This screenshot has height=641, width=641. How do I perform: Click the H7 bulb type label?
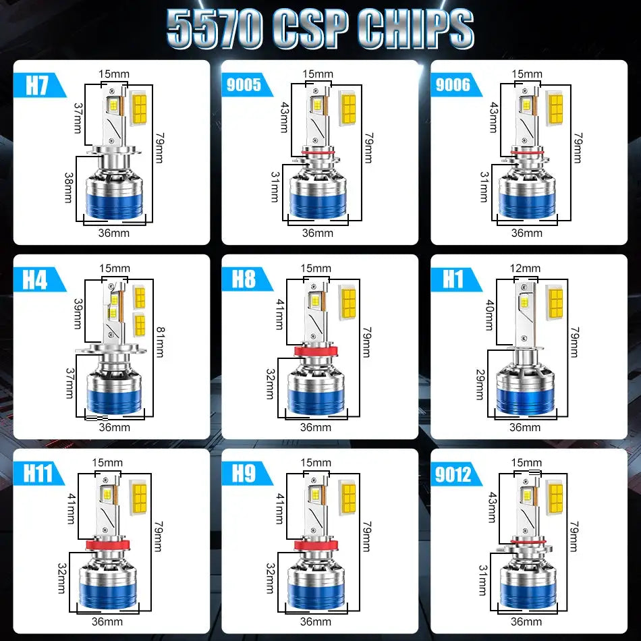point(38,86)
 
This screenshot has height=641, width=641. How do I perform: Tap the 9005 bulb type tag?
point(244,85)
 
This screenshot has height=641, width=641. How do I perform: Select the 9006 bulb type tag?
point(453,85)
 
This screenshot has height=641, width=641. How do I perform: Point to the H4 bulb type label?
point(35,279)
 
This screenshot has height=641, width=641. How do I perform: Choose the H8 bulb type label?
point(244,279)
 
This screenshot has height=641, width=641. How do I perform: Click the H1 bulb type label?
point(451,279)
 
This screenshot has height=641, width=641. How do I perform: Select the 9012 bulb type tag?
point(453,474)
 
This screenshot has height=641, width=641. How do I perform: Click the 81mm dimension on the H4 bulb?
point(159,343)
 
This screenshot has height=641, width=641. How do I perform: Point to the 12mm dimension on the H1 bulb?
point(525,269)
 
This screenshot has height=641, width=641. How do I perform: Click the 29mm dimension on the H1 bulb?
point(480,385)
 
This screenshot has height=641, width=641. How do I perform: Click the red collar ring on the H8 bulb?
point(316,352)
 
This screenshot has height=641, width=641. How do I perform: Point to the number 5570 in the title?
point(214,29)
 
